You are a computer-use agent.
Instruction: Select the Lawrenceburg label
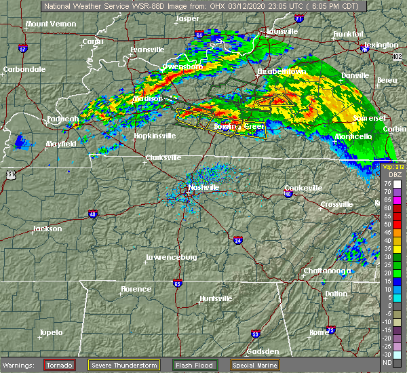pyautogui.click(x=171, y=257)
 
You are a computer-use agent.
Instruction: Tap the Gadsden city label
pyautogui.click(x=263, y=351)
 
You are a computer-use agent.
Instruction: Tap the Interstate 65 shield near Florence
pyautogui.click(x=177, y=283)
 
